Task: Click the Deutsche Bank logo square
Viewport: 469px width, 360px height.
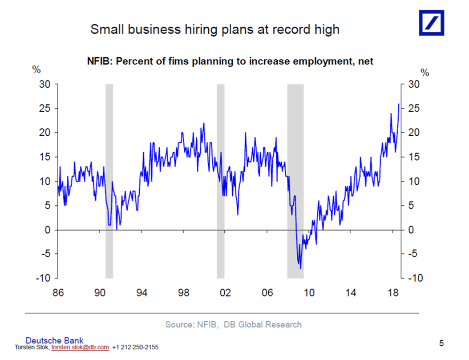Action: pos(431,23)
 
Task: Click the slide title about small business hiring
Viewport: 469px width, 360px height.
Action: pos(215,30)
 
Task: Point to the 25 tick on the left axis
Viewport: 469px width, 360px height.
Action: pos(47,108)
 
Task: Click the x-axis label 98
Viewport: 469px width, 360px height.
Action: pos(183,293)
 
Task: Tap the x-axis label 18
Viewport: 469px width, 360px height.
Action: pos(393,293)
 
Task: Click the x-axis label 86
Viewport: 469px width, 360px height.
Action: pos(58,293)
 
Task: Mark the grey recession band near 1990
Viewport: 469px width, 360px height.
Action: pos(109,178)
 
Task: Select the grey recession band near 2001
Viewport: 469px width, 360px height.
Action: pos(220,178)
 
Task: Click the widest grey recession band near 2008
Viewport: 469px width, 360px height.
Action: pos(295,178)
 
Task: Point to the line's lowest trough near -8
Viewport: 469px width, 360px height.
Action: pos(301,268)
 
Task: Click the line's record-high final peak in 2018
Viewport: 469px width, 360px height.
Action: pos(398,104)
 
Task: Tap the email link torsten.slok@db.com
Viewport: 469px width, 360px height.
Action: pos(80,347)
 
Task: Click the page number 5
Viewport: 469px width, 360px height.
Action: pos(441,343)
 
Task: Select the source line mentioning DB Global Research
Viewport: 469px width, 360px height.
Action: pos(233,324)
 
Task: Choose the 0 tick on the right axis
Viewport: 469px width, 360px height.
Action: pos(412,230)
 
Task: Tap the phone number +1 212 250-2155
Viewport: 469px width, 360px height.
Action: pos(135,347)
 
